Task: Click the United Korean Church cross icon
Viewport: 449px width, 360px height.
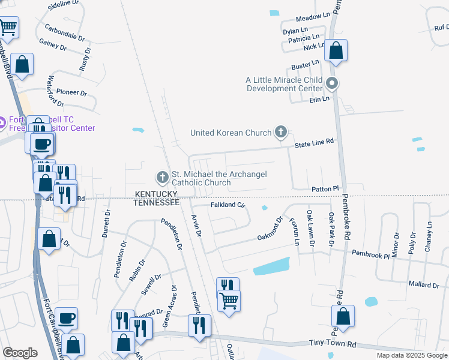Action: [x=280, y=132]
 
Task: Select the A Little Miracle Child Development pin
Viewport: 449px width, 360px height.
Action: [x=333, y=83]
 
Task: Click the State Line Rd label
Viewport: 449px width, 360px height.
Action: [x=313, y=141]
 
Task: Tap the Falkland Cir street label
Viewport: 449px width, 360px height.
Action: [x=228, y=205]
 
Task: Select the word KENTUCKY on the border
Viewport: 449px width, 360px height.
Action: [x=156, y=194]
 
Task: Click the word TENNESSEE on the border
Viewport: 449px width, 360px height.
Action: [x=156, y=203]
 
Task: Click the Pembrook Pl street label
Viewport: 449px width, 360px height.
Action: [x=370, y=254]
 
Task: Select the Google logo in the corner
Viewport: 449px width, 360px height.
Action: [x=20, y=353]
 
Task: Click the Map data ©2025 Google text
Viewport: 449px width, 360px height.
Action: [x=411, y=355]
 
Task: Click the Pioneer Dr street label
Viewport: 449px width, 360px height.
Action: [x=72, y=93]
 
